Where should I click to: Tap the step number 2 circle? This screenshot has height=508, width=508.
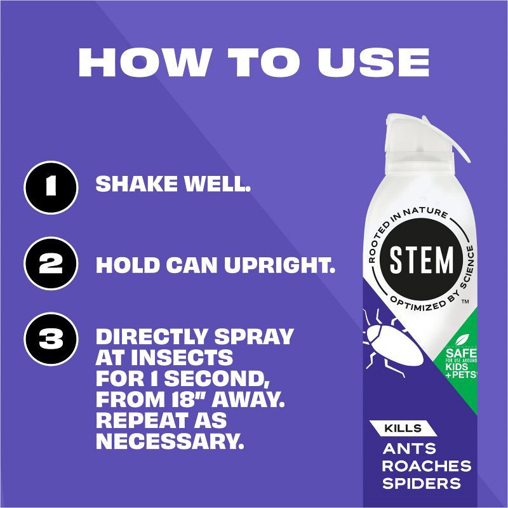click(50, 264)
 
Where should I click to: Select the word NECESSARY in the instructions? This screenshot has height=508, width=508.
click(170, 441)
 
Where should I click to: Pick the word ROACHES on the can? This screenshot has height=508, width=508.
click(427, 466)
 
